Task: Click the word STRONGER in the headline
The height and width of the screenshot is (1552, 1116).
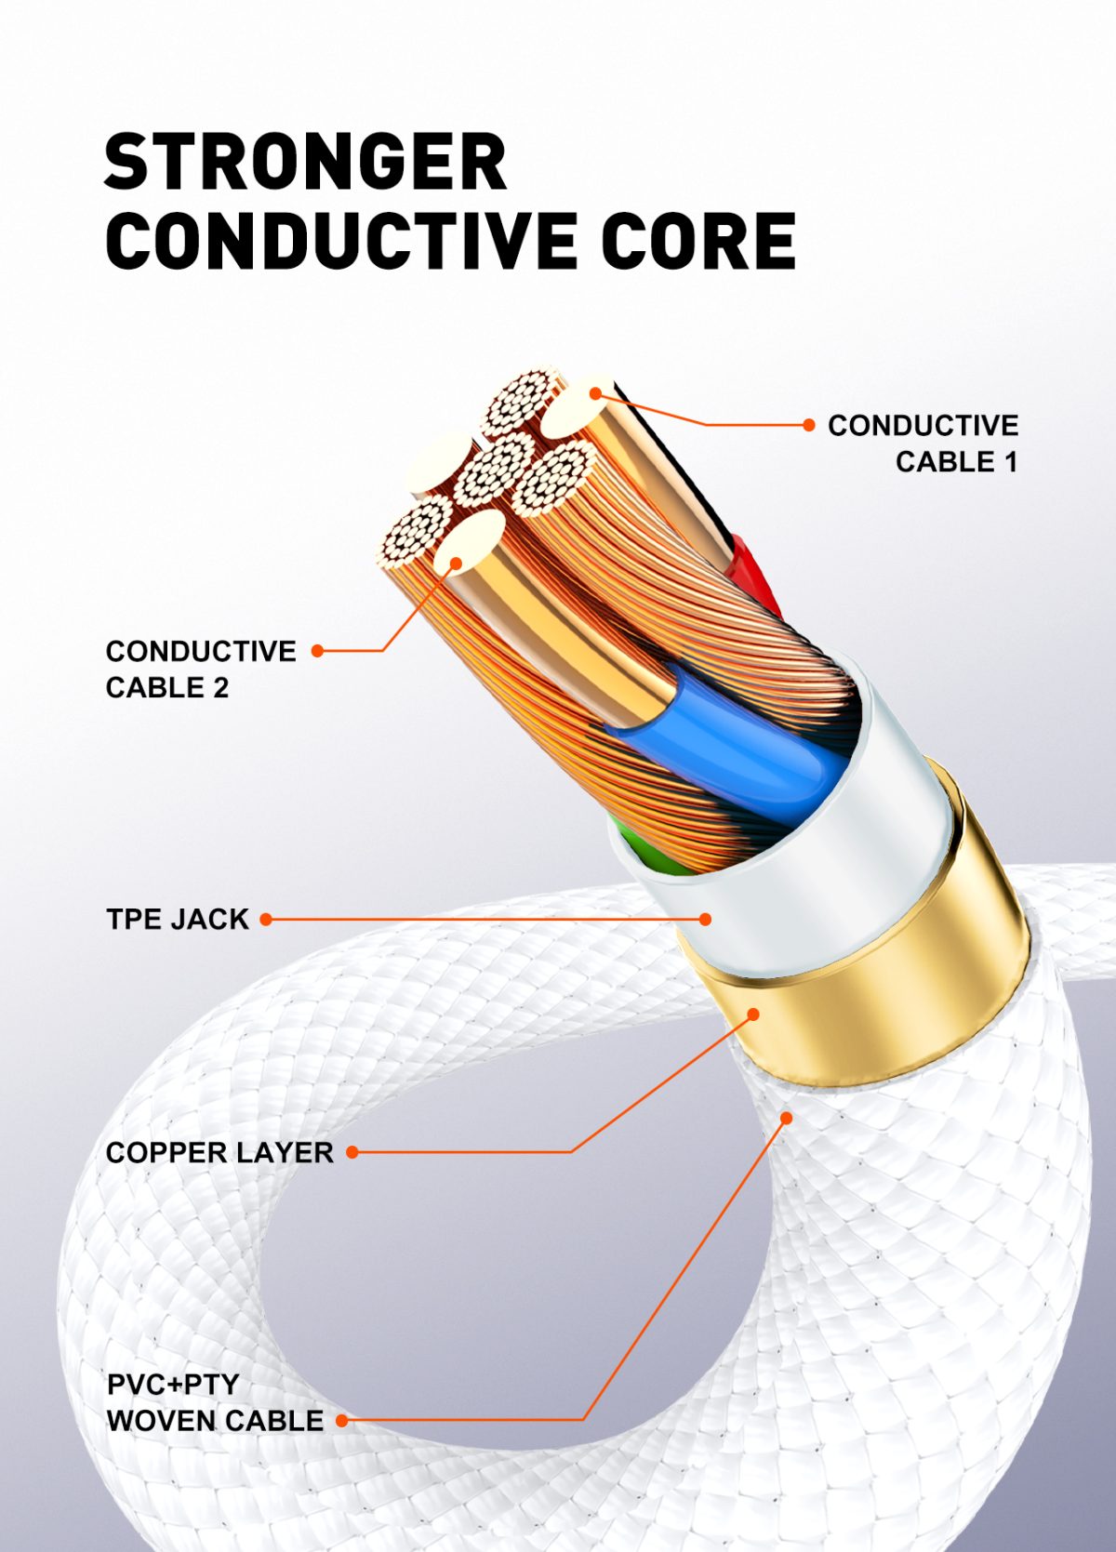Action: (x=305, y=162)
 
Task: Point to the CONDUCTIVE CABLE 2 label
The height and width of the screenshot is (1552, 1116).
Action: (x=200, y=669)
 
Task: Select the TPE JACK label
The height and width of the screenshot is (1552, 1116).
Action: (x=178, y=919)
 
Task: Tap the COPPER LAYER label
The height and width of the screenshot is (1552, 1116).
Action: (x=219, y=1152)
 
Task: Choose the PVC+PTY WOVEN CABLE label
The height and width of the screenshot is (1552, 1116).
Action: (x=214, y=1402)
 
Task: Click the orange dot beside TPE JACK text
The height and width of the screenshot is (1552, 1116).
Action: (x=266, y=919)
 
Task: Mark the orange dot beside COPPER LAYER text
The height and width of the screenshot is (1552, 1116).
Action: (x=352, y=1152)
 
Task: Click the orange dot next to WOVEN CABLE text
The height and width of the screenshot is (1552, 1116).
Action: (x=342, y=1420)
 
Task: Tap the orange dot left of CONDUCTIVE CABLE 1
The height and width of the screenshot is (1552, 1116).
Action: (x=808, y=425)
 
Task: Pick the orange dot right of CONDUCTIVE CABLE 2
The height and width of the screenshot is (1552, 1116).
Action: (x=317, y=651)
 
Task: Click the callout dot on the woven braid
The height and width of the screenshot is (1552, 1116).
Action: (x=787, y=1118)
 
